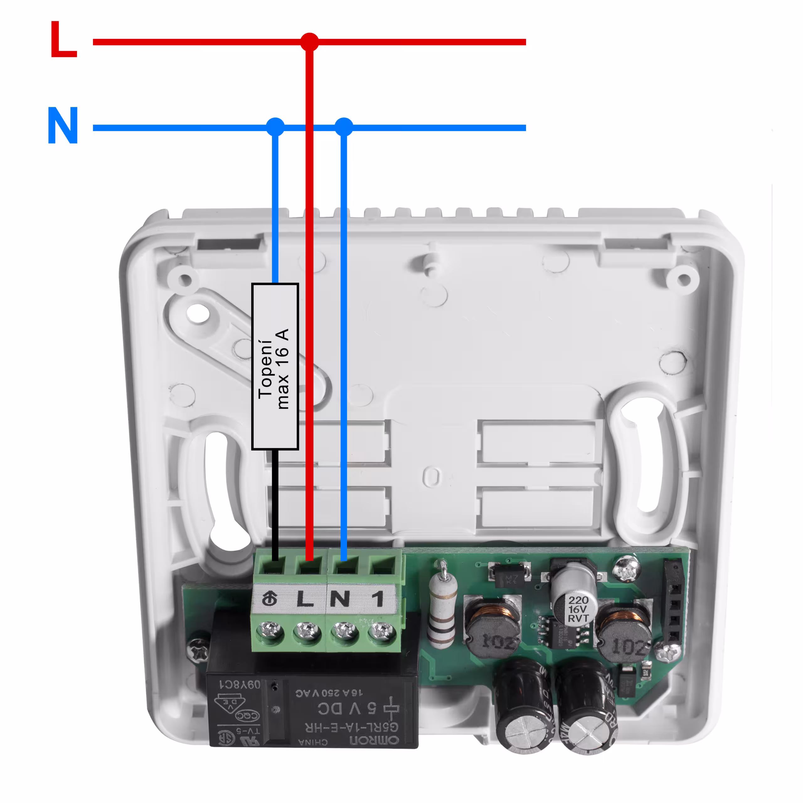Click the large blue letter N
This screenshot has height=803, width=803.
pos(63,125)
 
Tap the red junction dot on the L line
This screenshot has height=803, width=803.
pos(309,42)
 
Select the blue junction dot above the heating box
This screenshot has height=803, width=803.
pos(275,127)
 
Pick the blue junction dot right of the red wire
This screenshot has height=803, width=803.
pos(344,127)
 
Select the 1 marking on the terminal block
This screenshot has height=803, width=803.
pos(377,599)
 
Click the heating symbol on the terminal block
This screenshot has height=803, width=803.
pos(270,599)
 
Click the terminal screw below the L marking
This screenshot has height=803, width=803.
pos(307,633)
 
